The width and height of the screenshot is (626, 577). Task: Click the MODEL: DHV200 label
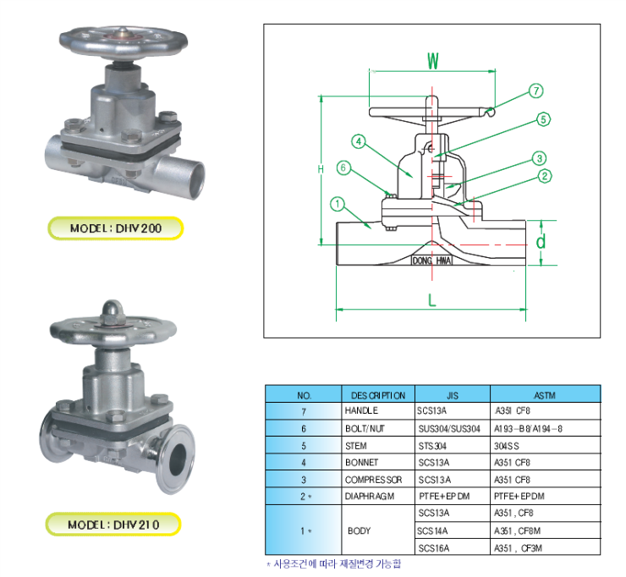point(115,228)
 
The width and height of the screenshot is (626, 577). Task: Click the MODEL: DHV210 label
point(115,525)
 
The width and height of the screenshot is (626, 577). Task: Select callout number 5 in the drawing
point(543,120)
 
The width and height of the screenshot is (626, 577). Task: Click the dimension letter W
point(432,61)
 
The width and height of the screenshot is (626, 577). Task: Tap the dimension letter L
point(431,299)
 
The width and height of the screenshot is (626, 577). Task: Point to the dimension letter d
point(541,242)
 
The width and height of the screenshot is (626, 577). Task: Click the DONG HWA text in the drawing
point(431,260)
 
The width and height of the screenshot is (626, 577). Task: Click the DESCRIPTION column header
point(373,395)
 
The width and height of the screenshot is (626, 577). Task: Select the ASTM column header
point(544,395)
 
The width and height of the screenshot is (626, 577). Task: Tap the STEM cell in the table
point(355,446)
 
